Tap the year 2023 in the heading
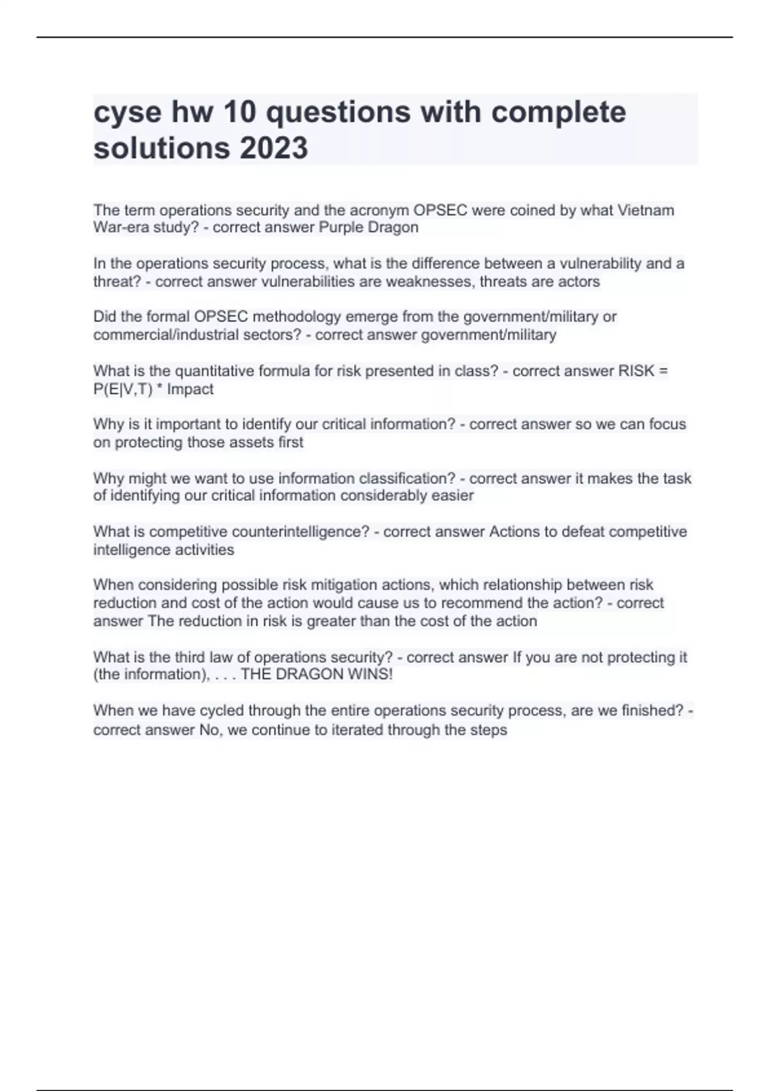click(274, 148)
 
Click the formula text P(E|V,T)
click(123, 390)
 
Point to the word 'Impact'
click(191, 390)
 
